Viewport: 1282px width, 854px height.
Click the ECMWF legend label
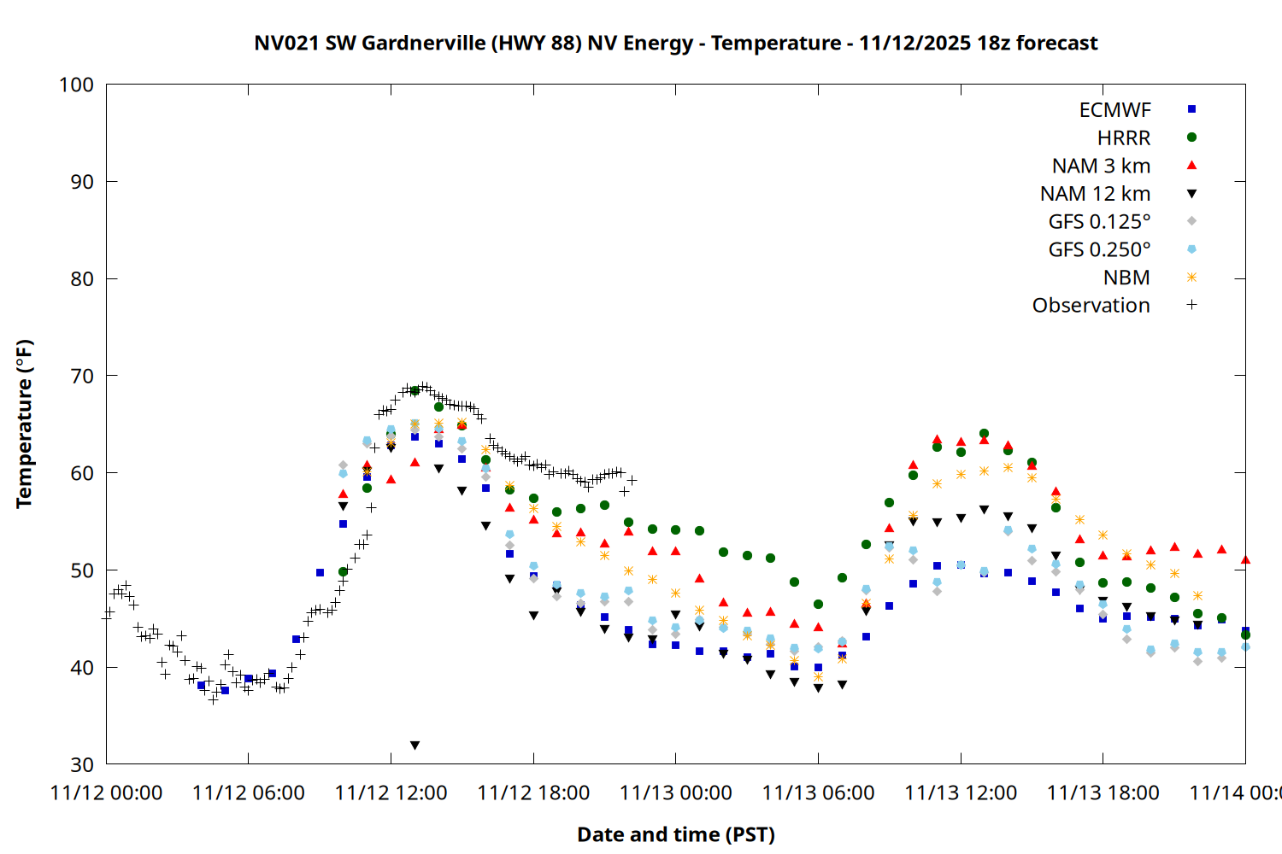[x=1114, y=110]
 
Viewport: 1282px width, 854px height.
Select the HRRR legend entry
[x=1124, y=138]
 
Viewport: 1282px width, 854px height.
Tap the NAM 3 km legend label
[x=1101, y=166]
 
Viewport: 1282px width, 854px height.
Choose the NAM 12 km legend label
[x=1095, y=194]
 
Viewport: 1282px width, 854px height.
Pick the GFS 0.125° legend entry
[x=1099, y=222]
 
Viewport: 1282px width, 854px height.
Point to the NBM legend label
[x=1126, y=278]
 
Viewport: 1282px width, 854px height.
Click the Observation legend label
[x=1091, y=306]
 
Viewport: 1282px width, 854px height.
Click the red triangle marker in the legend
[x=1191, y=165]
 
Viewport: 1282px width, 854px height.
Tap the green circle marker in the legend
[x=1191, y=137]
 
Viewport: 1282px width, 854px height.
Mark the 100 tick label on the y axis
[x=76, y=85]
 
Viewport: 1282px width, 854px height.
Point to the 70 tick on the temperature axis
[x=82, y=376]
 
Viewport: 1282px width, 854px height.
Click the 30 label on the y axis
[x=82, y=764]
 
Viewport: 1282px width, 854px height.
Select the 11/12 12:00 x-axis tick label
[x=391, y=793]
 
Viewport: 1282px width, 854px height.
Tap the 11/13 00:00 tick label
[x=675, y=793]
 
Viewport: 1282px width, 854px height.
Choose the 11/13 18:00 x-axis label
[x=1103, y=793]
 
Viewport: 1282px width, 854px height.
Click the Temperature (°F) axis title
[x=24, y=424]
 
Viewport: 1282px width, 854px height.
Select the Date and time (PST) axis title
[x=675, y=834]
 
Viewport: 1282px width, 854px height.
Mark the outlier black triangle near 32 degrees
[x=415, y=746]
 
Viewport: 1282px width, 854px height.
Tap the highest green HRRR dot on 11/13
[x=984, y=434]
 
